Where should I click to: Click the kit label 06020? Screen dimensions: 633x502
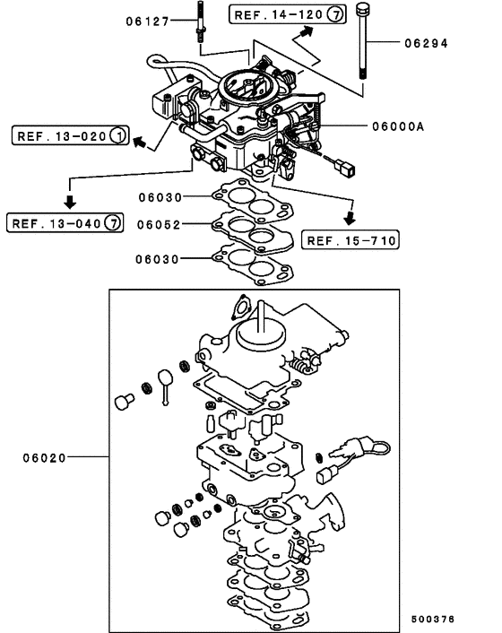coord(46,457)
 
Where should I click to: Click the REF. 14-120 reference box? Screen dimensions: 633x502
coord(287,15)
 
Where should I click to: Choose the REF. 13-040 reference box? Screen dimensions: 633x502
coord(65,221)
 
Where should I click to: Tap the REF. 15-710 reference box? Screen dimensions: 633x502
coord(351,239)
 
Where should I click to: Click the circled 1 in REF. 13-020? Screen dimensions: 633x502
coord(117,136)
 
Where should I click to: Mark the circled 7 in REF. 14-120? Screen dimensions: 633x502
coord(333,15)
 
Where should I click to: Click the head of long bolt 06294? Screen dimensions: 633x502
coord(362,12)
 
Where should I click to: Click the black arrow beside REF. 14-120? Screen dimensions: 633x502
coord(307,33)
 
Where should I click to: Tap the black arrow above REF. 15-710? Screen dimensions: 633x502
coord(352,218)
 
